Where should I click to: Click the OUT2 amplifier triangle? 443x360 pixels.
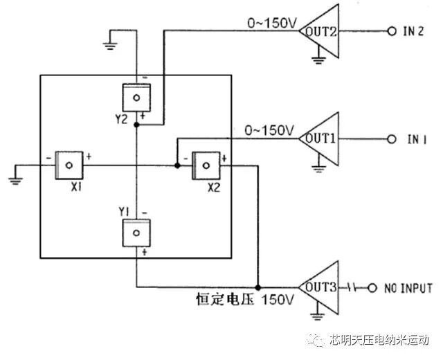(320, 33)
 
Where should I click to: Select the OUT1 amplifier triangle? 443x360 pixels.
(320, 138)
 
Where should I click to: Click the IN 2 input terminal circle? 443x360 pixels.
(390, 33)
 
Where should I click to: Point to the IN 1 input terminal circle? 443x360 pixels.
(392, 139)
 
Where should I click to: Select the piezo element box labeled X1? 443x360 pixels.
(69, 164)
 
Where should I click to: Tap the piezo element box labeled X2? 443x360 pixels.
(205, 164)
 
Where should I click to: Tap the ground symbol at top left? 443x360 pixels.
(109, 46)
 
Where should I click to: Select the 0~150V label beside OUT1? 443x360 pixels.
(270, 129)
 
